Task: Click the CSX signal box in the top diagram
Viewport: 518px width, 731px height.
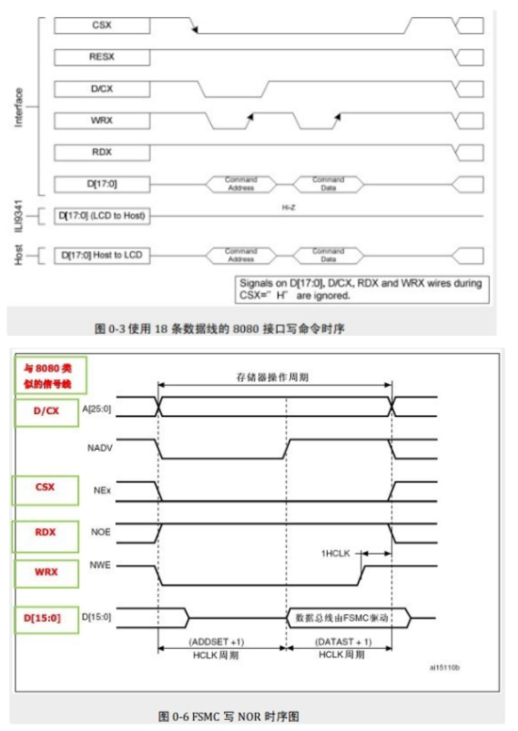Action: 102,25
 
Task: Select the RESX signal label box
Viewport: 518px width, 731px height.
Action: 102,57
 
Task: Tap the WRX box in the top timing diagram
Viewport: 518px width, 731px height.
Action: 102,121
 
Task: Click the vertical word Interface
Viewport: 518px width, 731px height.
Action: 20,108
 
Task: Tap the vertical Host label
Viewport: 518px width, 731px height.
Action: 20,255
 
